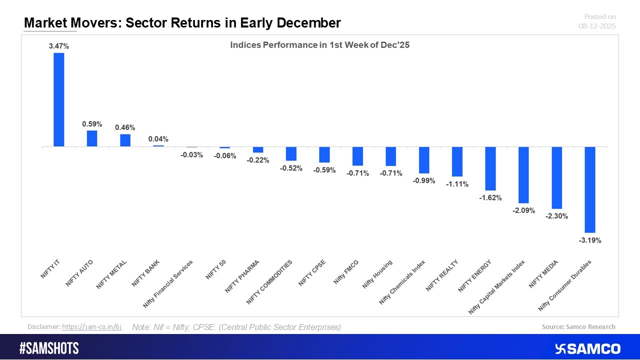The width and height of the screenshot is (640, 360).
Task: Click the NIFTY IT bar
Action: [x=58, y=99]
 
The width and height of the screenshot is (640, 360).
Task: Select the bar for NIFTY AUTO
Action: [x=91, y=138]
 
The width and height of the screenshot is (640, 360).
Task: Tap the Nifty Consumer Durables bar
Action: [x=589, y=189]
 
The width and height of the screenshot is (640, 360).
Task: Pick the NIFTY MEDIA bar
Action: [x=556, y=177]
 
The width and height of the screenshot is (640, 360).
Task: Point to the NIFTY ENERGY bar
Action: [x=490, y=168]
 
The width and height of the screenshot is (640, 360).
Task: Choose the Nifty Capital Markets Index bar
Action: [x=523, y=174]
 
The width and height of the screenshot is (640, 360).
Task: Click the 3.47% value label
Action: [x=58, y=46]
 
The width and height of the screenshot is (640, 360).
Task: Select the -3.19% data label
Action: [x=589, y=240]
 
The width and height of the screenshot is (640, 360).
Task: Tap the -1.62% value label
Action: [x=490, y=197]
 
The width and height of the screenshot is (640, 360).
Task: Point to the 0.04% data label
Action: [x=158, y=139]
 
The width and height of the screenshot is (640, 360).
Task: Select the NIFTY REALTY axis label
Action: [x=442, y=275]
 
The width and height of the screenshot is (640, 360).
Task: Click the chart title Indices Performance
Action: [x=319, y=45]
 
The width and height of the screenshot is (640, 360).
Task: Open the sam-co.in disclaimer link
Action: [x=91, y=326]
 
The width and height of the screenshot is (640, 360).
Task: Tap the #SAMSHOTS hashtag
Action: [x=48, y=348]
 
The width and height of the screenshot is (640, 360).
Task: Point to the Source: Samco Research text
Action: [x=578, y=326]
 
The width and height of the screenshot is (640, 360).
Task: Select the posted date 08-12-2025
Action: [x=597, y=26]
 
